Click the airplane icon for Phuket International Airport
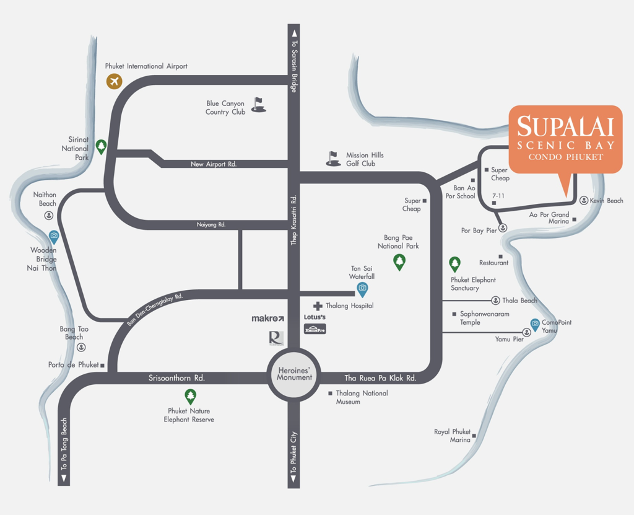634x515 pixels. (x=114, y=81)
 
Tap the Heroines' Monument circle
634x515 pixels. (x=294, y=373)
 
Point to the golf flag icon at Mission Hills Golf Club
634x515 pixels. (x=333, y=158)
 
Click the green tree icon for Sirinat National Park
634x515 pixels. (x=101, y=146)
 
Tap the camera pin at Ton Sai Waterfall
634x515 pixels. (x=362, y=288)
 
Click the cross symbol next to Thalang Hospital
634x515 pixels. (x=318, y=306)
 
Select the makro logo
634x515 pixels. (x=267, y=318)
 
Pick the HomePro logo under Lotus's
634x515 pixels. (x=315, y=329)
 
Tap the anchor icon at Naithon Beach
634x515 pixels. (x=48, y=215)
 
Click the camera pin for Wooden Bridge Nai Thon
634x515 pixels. (x=54, y=236)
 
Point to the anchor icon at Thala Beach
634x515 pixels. (x=495, y=301)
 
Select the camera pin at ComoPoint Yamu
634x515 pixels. (x=535, y=324)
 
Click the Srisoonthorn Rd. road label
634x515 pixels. (x=176, y=377)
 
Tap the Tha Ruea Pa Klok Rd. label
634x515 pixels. (x=380, y=378)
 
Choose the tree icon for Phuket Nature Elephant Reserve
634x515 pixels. (x=190, y=395)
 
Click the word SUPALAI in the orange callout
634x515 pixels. (x=565, y=126)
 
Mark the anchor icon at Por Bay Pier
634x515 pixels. (x=503, y=228)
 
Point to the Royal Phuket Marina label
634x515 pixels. (x=452, y=436)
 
